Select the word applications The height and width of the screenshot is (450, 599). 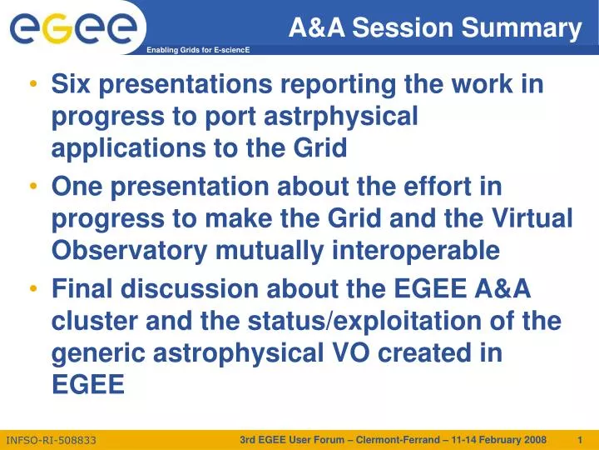click(130, 149)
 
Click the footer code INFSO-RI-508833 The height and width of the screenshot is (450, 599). click(51, 439)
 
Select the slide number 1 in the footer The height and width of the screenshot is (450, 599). click(580, 439)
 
